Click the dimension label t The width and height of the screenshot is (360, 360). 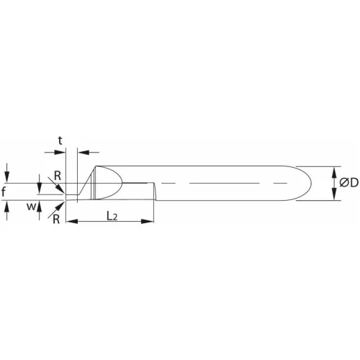(x=60, y=140)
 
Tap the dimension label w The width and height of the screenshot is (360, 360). (x=31, y=209)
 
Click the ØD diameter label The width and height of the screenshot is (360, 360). (x=348, y=183)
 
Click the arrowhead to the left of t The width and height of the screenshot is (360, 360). (x=61, y=152)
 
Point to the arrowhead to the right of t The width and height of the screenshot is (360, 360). (x=81, y=152)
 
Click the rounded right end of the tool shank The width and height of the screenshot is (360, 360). (x=308, y=183)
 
